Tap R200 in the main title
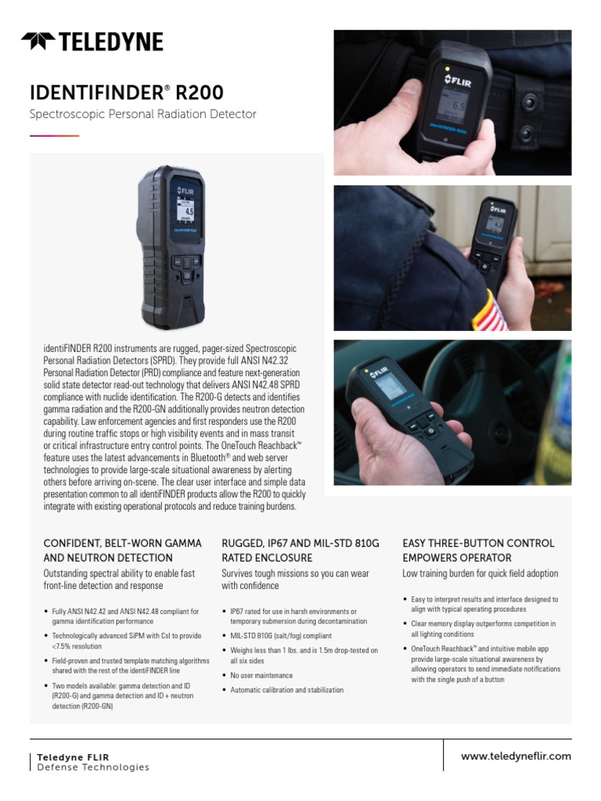coord(198,92)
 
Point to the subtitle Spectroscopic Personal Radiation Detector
coord(142,114)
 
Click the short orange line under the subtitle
coord(54,135)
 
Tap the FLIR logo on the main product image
coord(188,189)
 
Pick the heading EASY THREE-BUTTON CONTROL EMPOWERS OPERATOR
coord(478,550)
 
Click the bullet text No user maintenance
coord(261,675)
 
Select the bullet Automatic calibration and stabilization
coord(286,690)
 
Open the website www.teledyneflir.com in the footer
coord(516,756)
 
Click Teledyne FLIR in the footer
coord(73,757)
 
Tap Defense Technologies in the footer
coord(92,767)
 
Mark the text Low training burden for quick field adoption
coord(480,573)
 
